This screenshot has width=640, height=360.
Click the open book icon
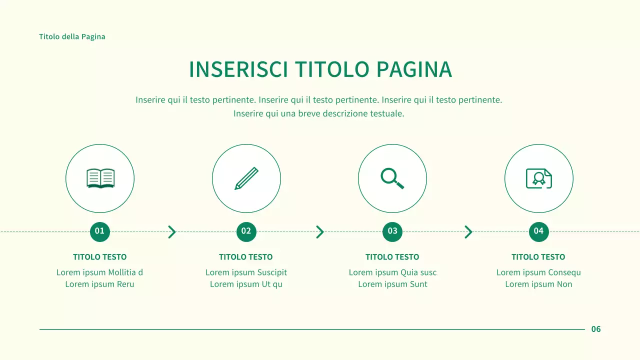click(x=100, y=178)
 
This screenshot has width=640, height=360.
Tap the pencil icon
click(x=246, y=178)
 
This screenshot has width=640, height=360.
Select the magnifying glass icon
click(x=392, y=178)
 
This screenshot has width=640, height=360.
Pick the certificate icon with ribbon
click(x=538, y=178)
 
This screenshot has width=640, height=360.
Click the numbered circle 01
click(x=100, y=231)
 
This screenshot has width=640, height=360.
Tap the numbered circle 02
click(x=246, y=231)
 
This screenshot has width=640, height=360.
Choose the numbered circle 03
click(x=392, y=231)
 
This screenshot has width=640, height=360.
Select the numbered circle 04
click(x=538, y=231)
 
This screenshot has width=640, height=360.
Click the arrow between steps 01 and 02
click(x=172, y=232)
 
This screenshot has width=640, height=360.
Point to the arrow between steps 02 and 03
click(x=320, y=232)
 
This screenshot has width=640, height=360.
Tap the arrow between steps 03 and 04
click(x=468, y=232)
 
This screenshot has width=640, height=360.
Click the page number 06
click(x=596, y=329)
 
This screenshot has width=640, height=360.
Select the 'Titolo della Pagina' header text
click(x=72, y=36)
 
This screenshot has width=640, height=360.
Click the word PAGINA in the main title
click(x=414, y=70)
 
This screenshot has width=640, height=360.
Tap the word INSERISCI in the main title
click(x=238, y=70)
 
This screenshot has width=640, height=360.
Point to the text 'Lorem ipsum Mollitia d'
click(x=100, y=272)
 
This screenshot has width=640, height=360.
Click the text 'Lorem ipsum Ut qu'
click(x=246, y=284)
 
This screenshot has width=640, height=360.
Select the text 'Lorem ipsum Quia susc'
click(x=392, y=272)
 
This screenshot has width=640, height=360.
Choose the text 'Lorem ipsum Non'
click(x=538, y=284)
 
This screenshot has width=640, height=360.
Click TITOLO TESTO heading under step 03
click(x=392, y=257)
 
